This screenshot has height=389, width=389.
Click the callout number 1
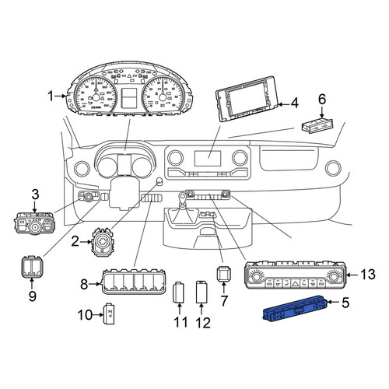pyautogui.click(x=51, y=96)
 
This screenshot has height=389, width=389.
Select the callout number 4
pyautogui.click(x=295, y=103)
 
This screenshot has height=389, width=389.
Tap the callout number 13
pyautogui.click(x=368, y=275)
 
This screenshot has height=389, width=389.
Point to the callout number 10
pyautogui.click(x=85, y=315)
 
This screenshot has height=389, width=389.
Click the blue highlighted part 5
pyautogui.click(x=295, y=309)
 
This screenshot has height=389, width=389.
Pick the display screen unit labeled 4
pyautogui.click(x=247, y=99)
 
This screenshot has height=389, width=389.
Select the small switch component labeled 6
pyautogui.click(x=317, y=125)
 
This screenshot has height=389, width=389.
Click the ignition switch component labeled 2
pyautogui.click(x=103, y=242)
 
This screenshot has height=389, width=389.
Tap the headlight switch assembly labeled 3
pyautogui.click(x=34, y=223)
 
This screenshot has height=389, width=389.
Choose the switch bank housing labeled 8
pyautogui.click(x=133, y=282)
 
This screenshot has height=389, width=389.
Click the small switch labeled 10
pyautogui.click(x=110, y=314)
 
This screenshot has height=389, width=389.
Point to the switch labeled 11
pyautogui.click(x=178, y=293)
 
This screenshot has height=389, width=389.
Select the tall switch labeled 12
pyautogui.click(x=202, y=292)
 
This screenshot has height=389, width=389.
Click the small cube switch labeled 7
pyautogui.click(x=224, y=273)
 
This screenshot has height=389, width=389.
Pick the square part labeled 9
pyautogui.click(x=31, y=267)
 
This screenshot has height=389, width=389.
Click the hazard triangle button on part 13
pyautogui.click(x=296, y=282)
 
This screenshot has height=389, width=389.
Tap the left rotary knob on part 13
pyautogui.click(x=256, y=276)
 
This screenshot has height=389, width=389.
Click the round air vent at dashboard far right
pyautogui.click(x=334, y=168)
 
